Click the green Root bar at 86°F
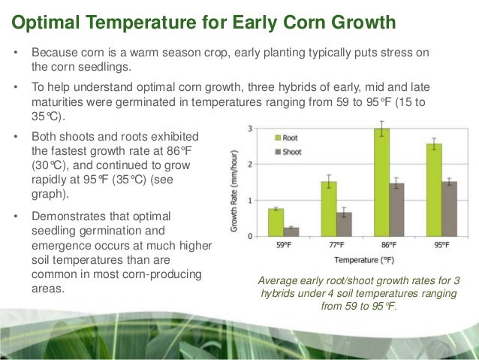point(382,183)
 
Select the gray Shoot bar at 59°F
point(291,231)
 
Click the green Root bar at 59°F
point(276,222)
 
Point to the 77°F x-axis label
point(336,245)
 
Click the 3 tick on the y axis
point(249,129)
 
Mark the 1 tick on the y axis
point(249,200)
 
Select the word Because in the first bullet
point(55,54)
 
